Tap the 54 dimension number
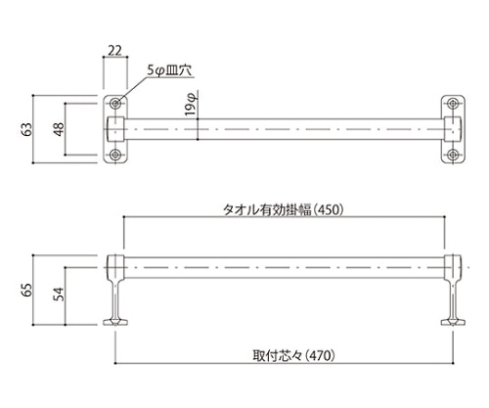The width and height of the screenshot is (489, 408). click(x=59, y=295)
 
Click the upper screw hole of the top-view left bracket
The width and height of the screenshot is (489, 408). click(x=115, y=103)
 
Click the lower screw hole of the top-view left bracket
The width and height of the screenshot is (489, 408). click(x=115, y=155)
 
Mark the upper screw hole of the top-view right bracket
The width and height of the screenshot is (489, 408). click(x=454, y=103)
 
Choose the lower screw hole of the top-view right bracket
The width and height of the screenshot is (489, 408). click(x=454, y=155)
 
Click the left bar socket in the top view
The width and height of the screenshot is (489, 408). click(x=114, y=128)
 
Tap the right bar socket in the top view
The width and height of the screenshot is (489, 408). click(x=454, y=128)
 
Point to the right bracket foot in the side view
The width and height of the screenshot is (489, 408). click(x=454, y=320)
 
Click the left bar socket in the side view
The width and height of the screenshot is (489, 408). click(x=114, y=265)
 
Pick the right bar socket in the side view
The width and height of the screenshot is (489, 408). click(x=454, y=265)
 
